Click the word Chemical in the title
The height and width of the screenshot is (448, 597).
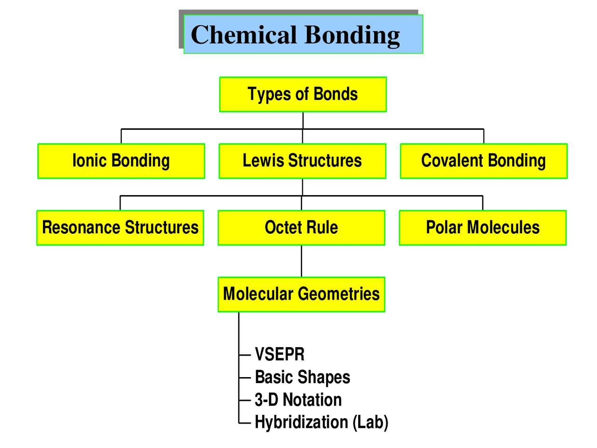243,35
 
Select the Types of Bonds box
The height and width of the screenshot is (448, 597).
303,94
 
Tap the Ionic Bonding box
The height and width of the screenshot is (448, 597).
121,161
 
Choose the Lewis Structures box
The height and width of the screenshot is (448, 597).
302,161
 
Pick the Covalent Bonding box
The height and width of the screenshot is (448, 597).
484,161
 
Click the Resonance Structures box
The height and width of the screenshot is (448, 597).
120,228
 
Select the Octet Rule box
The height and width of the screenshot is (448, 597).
301,228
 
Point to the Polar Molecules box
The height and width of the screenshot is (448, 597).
483,228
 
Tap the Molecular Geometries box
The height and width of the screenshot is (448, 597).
301,294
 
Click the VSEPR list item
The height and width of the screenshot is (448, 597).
279,355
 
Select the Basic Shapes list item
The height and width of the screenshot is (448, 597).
302,377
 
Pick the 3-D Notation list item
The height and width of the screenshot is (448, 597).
298,400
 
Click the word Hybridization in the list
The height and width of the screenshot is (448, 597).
301,422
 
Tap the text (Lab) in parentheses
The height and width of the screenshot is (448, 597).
370,422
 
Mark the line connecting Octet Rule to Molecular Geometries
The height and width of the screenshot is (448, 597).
301,261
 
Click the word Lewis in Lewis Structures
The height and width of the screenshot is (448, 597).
263,161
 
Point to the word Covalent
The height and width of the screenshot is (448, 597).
452,161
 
